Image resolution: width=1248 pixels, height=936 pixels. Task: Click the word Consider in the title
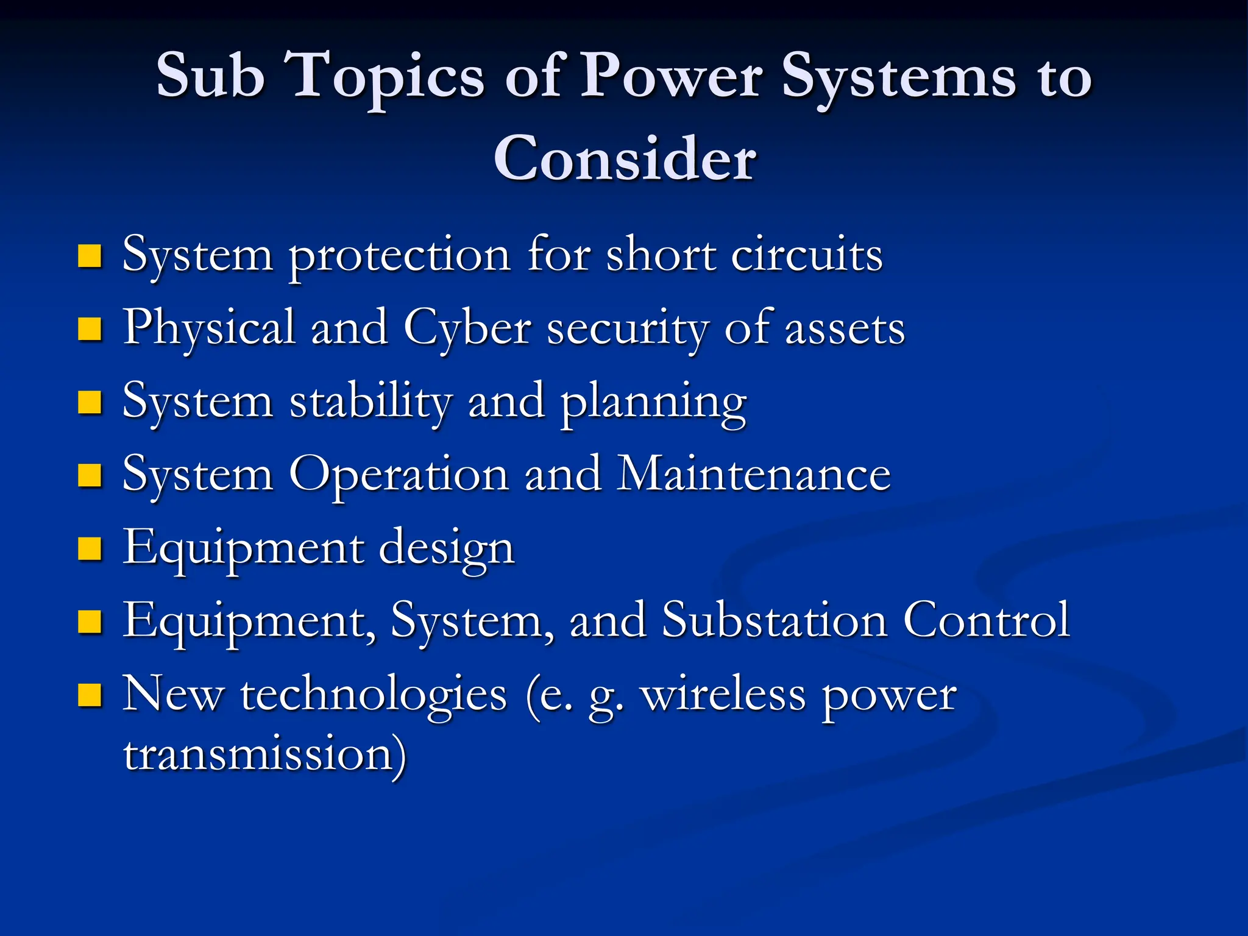click(625, 158)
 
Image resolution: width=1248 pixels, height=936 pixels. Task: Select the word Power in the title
click(670, 76)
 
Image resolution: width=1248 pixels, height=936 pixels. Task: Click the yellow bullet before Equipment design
click(90, 548)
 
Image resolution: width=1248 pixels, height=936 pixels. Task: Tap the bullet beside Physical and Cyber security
click(90, 329)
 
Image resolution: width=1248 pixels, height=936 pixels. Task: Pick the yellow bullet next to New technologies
click(90, 695)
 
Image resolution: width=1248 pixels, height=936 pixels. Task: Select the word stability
click(370, 402)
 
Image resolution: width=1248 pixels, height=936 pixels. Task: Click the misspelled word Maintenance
click(753, 475)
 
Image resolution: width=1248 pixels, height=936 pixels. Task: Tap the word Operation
click(399, 476)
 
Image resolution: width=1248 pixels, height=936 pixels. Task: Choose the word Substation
click(775, 621)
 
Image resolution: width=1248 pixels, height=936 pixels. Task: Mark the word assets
click(845, 330)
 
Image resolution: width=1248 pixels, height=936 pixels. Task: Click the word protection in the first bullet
click(399, 256)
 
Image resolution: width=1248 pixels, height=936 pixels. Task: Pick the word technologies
click(374, 695)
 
